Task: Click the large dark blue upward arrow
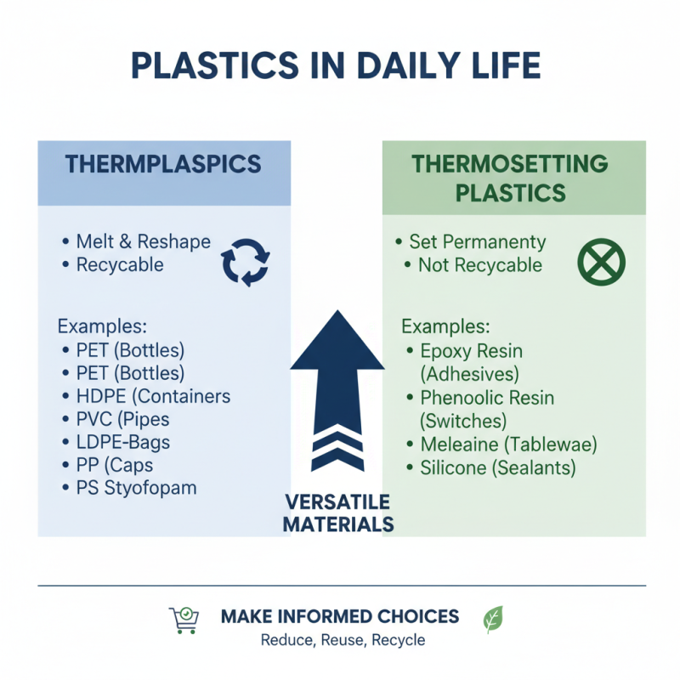(x=337, y=391)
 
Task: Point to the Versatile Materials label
(x=337, y=513)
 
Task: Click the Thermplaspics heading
(x=164, y=164)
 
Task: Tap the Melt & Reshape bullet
(x=136, y=241)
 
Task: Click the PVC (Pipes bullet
(x=116, y=419)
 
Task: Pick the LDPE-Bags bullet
(x=116, y=442)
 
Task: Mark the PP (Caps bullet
(x=108, y=465)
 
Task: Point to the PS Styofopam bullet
(x=130, y=488)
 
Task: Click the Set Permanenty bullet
(x=472, y=241)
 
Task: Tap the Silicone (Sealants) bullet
(x=492, y=467)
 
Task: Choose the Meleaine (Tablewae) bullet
(x=502, y=444)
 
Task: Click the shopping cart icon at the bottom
(x=183, y=620)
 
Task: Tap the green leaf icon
(x=493, y=619)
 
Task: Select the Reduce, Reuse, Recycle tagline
(x=343, y=640)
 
